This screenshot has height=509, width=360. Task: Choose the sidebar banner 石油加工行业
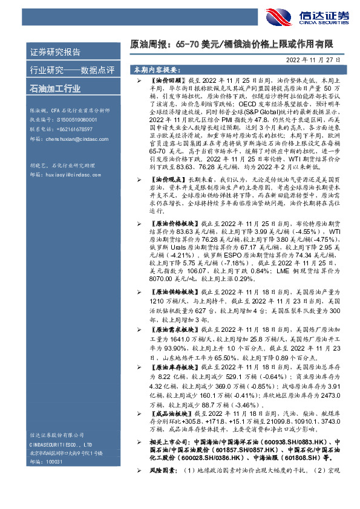click(x=55, y=89)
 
